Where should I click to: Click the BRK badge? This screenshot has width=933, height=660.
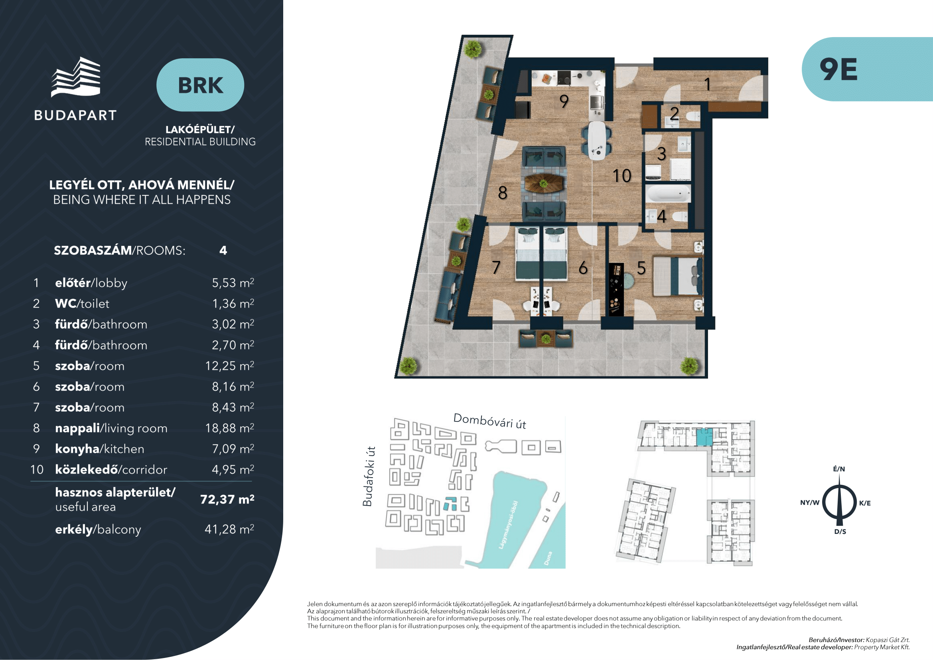[200, 85]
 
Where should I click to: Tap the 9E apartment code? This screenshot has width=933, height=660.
[838, 69]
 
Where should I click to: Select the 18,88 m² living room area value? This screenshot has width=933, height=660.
[229, 428]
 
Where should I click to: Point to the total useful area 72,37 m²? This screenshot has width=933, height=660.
[227, 499]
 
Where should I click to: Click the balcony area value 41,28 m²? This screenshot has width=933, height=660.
[229, 529]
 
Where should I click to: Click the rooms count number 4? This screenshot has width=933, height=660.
[223, 250]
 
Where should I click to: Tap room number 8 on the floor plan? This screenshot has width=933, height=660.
[503, 193]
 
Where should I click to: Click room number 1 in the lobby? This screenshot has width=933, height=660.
[708, 84]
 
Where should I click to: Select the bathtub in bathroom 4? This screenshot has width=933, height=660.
[668, 194]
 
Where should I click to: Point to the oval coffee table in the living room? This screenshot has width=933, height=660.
[544, 183]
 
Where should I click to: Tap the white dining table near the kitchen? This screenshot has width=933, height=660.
[596, 140]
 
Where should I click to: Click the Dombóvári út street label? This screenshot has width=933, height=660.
[490, 421]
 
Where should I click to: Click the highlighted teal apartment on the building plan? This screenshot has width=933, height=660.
[704, 437]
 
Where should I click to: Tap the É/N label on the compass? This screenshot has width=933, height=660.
[839, 469]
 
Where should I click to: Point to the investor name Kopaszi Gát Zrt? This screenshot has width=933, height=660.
[888, 640]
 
